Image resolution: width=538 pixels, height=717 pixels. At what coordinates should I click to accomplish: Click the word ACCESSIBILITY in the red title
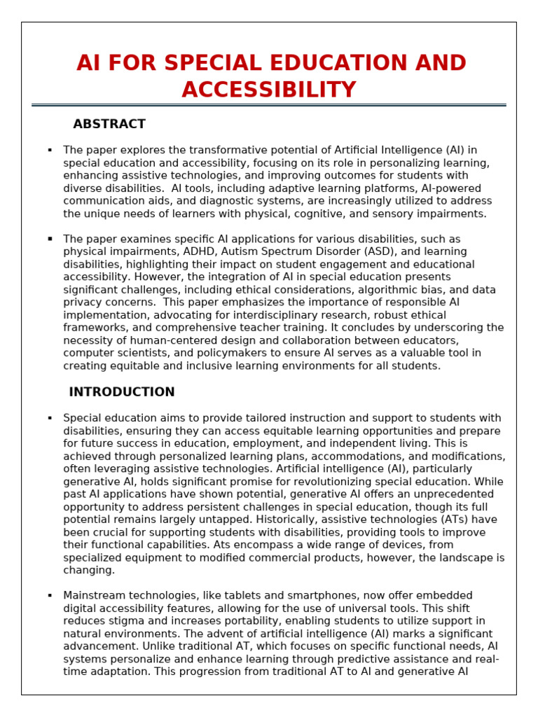[x=269, y=90]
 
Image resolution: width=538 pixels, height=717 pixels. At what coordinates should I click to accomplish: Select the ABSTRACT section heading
[x=109, y=124]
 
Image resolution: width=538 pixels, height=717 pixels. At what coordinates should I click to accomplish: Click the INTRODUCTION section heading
[x=122, y=392]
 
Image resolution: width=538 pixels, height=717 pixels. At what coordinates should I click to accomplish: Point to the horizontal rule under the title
[x=269, y=105]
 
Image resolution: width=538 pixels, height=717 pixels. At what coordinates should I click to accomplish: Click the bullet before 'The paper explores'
[x=50, y=150]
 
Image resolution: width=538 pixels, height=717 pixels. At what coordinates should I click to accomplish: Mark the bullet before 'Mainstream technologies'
[x=50, y=595]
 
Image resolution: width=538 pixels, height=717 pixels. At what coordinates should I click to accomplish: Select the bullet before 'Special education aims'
[x=50, y=418]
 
